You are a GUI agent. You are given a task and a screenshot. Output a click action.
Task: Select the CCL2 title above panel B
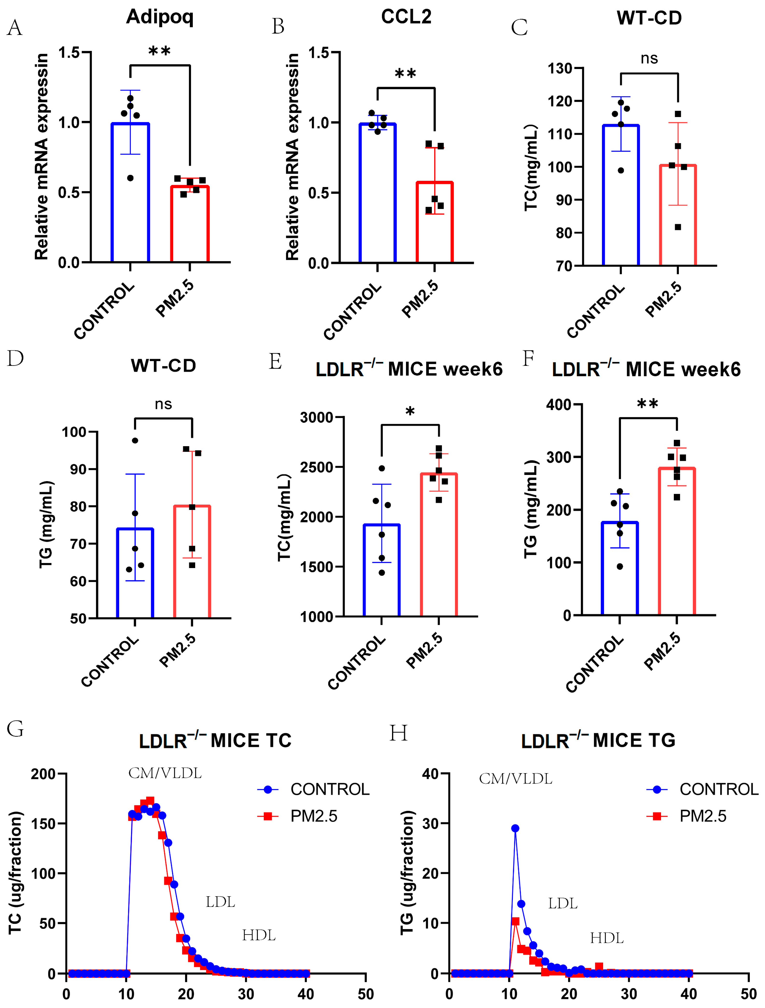(406, 17)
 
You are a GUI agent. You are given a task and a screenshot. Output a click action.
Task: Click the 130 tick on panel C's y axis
(560, 68)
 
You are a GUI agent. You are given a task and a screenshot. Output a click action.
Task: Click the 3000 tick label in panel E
(316, 417)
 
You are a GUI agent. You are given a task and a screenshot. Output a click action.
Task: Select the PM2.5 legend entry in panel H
(703, 816)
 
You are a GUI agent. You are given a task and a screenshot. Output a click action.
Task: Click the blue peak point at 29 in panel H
(515, 828)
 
